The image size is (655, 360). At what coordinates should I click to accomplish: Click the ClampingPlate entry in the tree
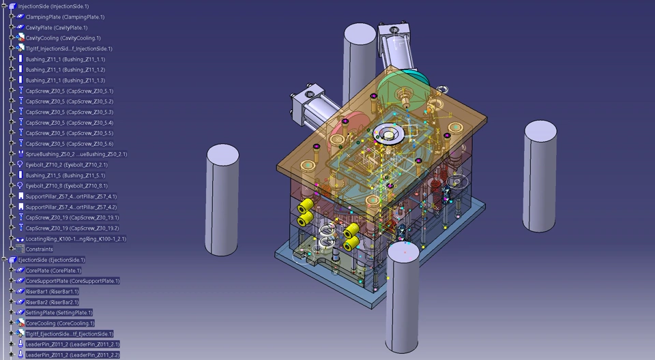65,17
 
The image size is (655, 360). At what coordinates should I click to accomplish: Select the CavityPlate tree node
57,27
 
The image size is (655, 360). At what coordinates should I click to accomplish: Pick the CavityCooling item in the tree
63,38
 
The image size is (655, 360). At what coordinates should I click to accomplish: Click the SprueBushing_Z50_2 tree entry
76,154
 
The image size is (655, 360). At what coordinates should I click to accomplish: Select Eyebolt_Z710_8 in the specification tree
66,186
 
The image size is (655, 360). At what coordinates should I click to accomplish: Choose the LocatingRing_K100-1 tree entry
76,239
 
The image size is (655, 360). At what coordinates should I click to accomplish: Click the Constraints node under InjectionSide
40,250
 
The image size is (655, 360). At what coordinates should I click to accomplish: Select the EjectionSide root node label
51,260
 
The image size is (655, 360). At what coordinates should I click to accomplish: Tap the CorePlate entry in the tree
53,271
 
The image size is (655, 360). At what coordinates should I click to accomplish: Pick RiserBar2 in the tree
52,302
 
